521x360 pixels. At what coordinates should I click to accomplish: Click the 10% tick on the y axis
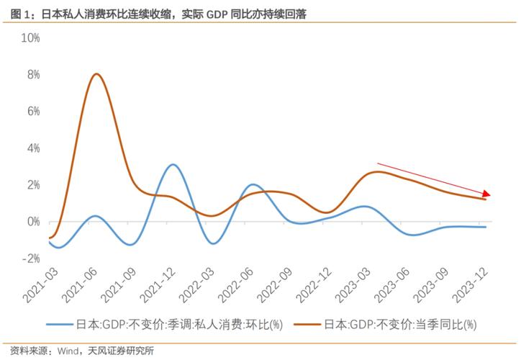click(x=30, y=37)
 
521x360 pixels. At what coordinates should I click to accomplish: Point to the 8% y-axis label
click(x=32, y=74)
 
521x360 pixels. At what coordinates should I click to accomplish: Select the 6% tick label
click(x=32, y=111)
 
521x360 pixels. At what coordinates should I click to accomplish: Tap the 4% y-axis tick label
click(x=32, y=148)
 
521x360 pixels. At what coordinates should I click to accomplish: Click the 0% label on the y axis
click(x=32, y=222)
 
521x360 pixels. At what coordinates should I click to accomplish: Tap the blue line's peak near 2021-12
click(x=172, y=165)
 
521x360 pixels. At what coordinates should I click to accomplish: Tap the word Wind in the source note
click(x=67, y=351)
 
